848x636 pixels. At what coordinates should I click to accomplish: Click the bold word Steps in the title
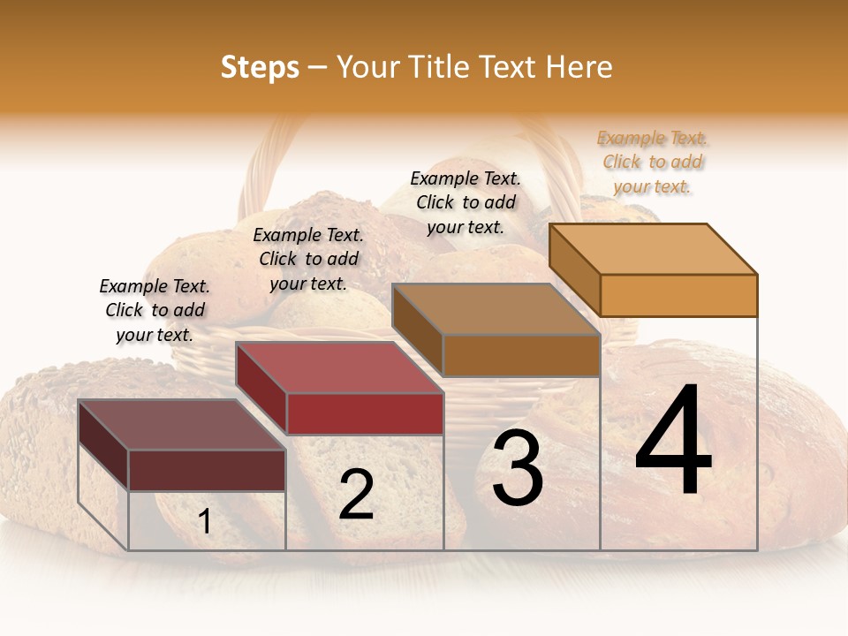tap(259, 67)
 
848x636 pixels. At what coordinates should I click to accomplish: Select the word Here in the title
tap(579, 67)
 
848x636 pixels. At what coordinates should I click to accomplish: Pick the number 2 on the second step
tap(356, 496)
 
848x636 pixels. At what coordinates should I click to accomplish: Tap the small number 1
tap(205, 522)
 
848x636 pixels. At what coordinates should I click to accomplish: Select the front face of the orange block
tap(678, 295)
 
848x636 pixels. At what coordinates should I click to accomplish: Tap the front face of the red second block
tap(365, 413)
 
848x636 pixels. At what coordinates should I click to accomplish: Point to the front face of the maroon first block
tap(207, 470)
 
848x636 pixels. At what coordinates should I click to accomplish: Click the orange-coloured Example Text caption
tap(652, 163)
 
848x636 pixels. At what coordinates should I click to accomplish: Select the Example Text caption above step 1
tap(155, 310)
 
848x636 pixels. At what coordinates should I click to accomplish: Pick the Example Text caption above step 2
tap(307, 259)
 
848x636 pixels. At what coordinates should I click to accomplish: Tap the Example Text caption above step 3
tap(466, 202)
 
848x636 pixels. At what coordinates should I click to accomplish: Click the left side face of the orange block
tap(574, 269)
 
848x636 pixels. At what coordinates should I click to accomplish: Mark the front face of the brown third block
tap(521, 356)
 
